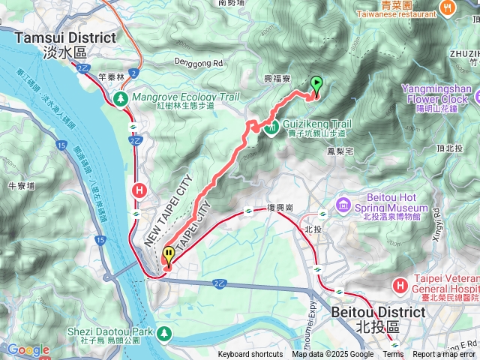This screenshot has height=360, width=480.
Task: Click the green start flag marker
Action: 316,85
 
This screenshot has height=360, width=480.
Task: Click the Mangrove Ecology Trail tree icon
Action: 121,98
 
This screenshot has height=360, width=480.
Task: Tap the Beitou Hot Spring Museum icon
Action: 343,205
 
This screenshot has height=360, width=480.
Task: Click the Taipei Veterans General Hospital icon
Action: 401,285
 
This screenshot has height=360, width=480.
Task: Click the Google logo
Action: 28,349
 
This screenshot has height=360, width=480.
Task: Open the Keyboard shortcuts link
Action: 250,355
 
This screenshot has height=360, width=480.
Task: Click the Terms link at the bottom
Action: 393,355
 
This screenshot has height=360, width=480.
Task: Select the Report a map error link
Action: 444,355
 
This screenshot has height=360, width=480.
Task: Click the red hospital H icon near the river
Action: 139,190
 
